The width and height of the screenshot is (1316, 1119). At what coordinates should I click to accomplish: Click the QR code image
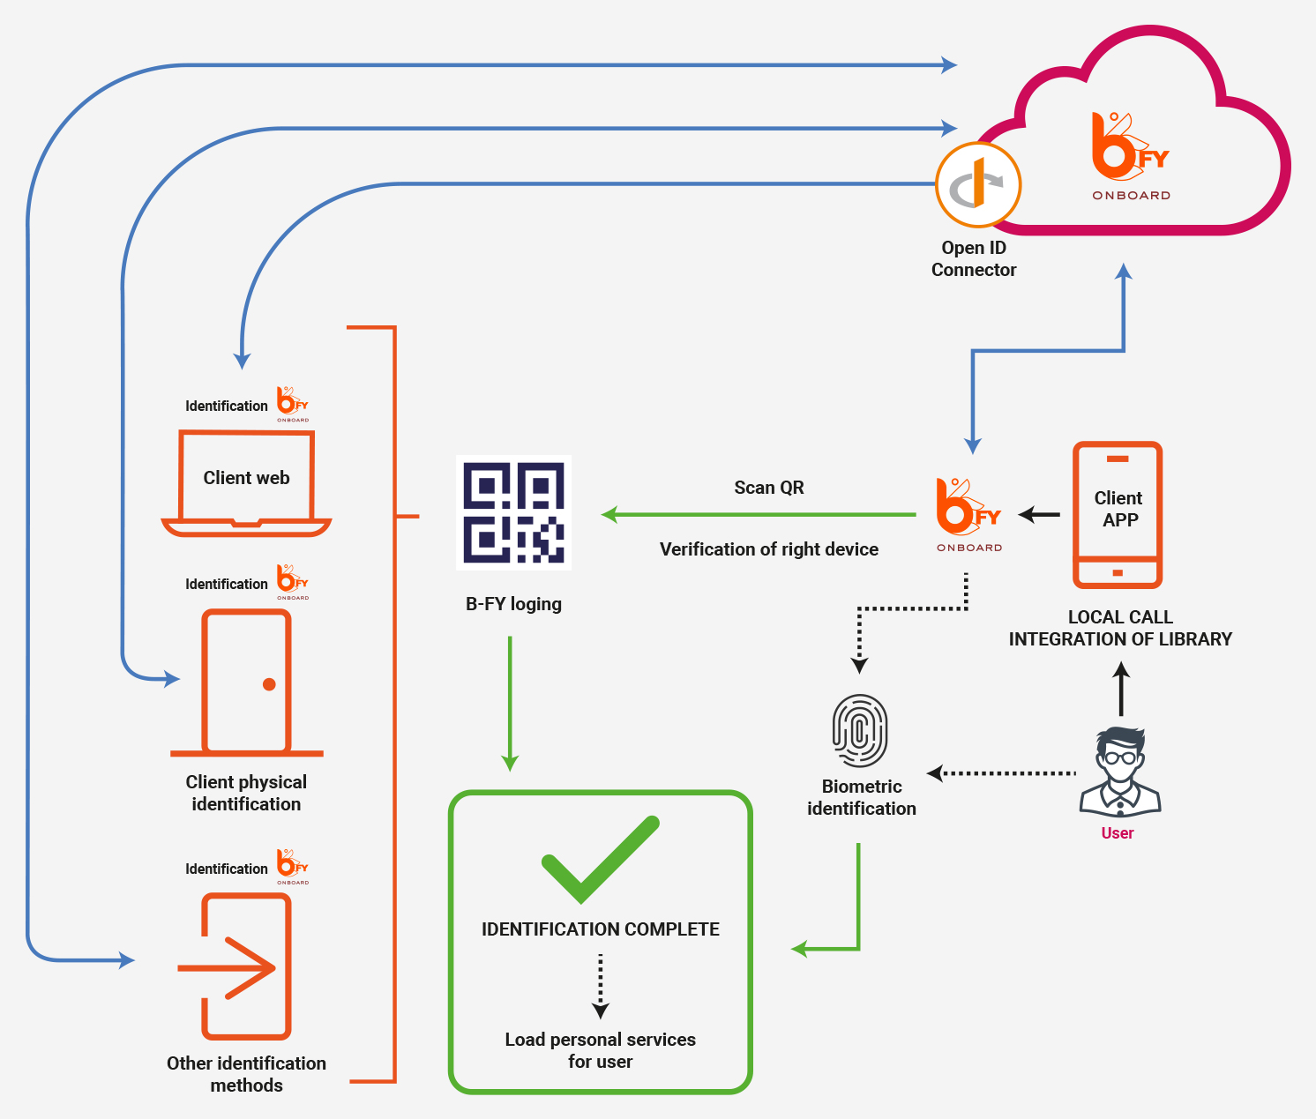(513, 512)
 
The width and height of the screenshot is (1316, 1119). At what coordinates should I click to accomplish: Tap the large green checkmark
(600, 861)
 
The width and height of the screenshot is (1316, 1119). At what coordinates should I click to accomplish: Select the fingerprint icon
(860, 731)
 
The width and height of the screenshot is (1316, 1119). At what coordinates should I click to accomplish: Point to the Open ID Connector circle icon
(977, 186)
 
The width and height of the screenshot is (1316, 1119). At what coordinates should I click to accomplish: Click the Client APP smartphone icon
(1118, 515)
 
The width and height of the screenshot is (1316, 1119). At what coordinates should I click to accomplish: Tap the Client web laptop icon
(246, 483)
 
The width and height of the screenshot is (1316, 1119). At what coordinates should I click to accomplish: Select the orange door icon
(247, 682)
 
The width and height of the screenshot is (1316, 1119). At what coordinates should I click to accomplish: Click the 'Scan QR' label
(769, 488)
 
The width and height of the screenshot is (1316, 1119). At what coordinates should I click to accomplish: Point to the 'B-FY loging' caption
(513, 604)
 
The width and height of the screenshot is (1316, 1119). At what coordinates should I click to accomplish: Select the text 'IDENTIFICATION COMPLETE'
(600, 929)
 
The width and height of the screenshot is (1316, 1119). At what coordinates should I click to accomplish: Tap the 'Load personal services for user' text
(600, 1050)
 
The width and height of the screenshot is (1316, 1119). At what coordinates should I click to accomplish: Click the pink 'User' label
(1118, 833)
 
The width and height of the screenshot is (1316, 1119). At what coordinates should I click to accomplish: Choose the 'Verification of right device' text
(769, 549)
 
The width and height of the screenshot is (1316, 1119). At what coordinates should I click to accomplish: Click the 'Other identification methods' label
(246, 1074)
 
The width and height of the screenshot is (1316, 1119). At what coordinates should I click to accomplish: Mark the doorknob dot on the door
(269, 684)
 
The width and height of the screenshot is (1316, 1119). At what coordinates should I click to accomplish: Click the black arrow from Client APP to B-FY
(1040, 514)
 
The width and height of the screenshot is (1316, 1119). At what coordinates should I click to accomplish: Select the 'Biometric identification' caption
(862, 797)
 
